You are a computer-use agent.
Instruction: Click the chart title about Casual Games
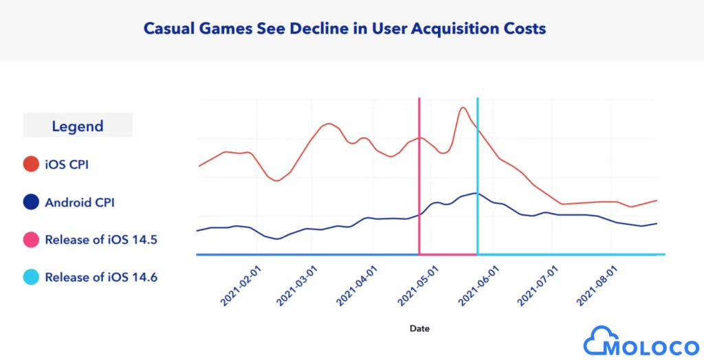[x=344, y=29]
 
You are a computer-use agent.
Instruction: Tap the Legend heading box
[x=78, y=126]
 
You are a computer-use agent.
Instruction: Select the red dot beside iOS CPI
[x=30, y=165]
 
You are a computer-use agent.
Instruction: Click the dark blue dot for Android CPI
[x=30, y=203]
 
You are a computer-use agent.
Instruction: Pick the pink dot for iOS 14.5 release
[x=30, y=240]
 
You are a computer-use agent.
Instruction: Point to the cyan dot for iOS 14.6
[x=30, y=278]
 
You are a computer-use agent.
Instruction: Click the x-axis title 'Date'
[x=419, y=328]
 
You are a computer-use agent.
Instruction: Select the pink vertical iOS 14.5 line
[x=419, y=179]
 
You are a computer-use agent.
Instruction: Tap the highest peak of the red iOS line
[x=463, y=107]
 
